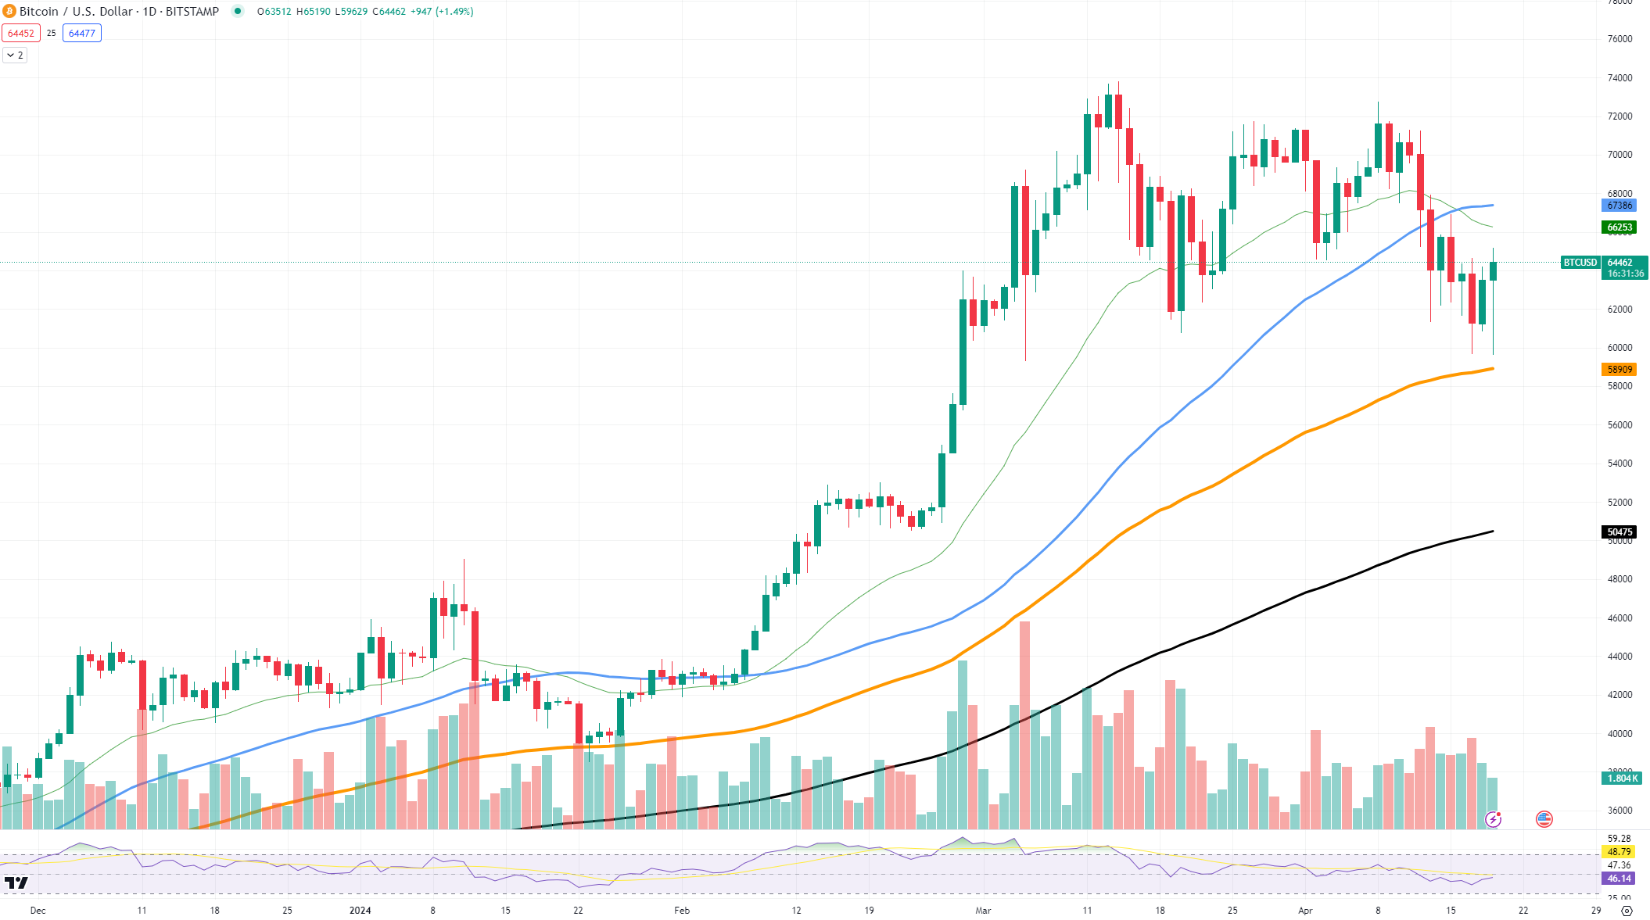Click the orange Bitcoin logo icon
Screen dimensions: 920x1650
click(9, 11)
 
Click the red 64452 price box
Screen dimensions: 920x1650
click(21, 33)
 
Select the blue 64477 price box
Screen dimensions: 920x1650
click(81, 33)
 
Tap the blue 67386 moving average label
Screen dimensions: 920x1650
click(1620, 206)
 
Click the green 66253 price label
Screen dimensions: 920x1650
click(1620, 227)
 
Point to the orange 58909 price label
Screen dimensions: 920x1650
click(1620, 370)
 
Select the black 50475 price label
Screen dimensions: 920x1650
click(1620, 532)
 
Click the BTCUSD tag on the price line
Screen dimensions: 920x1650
click(1580, 263)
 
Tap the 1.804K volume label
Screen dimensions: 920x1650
click(1622, 779)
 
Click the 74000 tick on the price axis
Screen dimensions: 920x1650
click(1620, 78)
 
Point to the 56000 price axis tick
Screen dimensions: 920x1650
click(1620, 425)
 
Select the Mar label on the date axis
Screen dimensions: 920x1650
click(983, 911)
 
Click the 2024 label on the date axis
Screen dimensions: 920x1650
click(360, 911)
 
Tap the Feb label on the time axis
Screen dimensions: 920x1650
click(682, 911)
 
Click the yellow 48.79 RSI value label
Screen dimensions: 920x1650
click(1620, 852)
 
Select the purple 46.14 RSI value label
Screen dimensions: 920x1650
click(1620, 879)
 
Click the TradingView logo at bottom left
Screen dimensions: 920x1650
click(16, 883)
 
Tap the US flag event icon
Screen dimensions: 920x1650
click(1544, 819)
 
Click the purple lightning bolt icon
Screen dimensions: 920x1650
click(1493, 819)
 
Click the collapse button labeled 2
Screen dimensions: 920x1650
click(15, 55)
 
